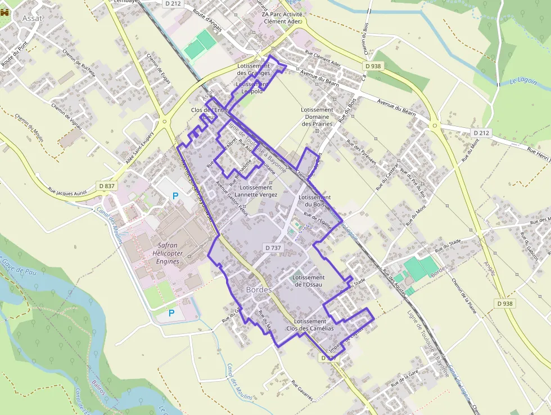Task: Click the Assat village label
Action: [x=33, y=18]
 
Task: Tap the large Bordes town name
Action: [x=259, y=289]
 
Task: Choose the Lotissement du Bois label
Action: [x=315, y=201]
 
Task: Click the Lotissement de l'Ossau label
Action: [x=309, y=281]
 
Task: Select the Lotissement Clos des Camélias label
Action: [x=310, y=325]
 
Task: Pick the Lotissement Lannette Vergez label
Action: [x=259, y=191]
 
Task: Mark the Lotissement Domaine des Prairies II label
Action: [x=317, y=120]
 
